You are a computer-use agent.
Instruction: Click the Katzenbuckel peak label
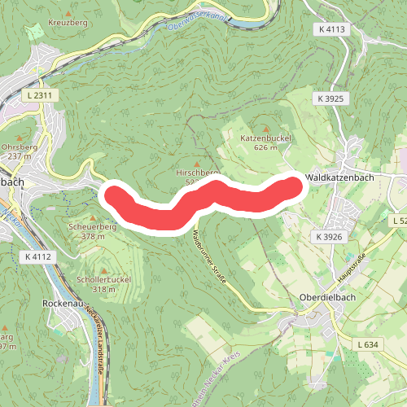[265, 138]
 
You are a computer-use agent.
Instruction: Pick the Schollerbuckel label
[103, 279]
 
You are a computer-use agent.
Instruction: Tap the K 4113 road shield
[332, 28]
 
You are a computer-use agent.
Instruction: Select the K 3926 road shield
[331, 236]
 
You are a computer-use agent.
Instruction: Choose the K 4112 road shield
[37, 256]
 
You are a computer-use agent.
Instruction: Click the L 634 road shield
[367, 344]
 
